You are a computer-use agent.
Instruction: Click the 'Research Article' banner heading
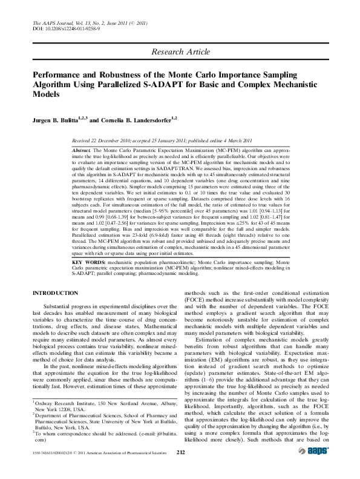click(180, 51)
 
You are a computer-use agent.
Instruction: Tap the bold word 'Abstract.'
click(81, 149)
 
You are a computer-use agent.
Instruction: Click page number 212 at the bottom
click(180, 451)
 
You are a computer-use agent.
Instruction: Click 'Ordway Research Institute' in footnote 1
click(64, 403)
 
